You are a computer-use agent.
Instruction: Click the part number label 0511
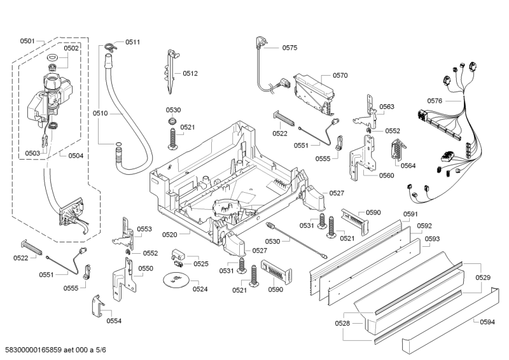tap(132, 42)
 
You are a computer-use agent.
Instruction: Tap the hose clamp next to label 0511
tap(109, 45)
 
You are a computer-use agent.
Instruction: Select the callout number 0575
tap(289, 48)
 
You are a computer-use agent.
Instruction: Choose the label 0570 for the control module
tap(340, 75)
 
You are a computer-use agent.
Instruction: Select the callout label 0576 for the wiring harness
tap(435, 100)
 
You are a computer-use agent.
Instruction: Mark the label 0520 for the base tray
tap(169, 235)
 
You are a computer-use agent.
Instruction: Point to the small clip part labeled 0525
tap(178, 258)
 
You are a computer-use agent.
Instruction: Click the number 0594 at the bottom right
tap(487, 322)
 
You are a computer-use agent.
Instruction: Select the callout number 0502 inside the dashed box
tap(71, 48)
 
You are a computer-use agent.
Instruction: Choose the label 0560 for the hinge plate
tap(386, 176)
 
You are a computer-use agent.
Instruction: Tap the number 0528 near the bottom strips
tap(342, 324)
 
